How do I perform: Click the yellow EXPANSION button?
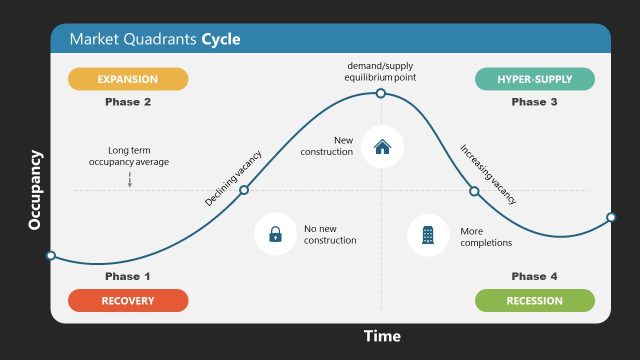pyautogui.click(x=127, y=79)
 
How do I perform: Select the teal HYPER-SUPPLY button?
pyautogui.click(x=534, y=79)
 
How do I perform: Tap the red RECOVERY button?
pyautogui.click(x=127, y=300)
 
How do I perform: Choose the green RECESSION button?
pyautogui.click(x=534, y=300)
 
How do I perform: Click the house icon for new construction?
pyautogui.click(x=382, y=146)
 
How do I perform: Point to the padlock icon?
pyautogui.click(x=275, y=235)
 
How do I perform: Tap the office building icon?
pyautogui.click(x=428, y=235)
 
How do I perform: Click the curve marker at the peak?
pyautogui.click(x=381, y=93)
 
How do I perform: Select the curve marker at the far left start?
pyautogui.click(x=51, y=255)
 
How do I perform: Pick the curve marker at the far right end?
pyautogui.click(x=611, y=217)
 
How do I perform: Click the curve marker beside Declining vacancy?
pyautogui.click(x=244, y=190)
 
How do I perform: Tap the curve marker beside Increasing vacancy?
pyautogui.click(x=474, y=191)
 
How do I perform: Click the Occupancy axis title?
pyautogui.click(x=35, y=190)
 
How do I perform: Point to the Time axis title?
pyautogui.click(x=381, y=336)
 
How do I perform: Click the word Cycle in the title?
pyautogui.click(x=221, y=40)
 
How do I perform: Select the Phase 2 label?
pyautogui.click(x=128, y=102)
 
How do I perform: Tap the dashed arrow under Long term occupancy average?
pyautogui.click(x=129, y=180)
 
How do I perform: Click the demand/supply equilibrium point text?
pyautogui.click(x=381, y=71)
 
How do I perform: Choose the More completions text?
pyautogui.click(x=486, y=236)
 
